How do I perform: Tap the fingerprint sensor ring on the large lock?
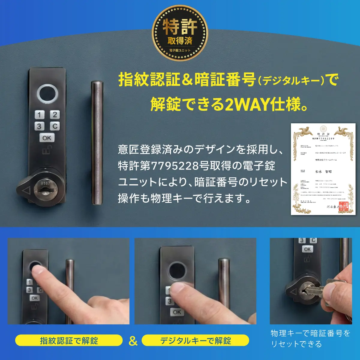click(x=47, y=94)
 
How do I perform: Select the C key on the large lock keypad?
click(x=55, y=126)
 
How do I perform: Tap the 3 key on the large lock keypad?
click(x=39, y=126)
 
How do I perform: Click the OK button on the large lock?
click(x=47, y=138)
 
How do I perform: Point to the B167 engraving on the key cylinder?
click(x=45, y=183)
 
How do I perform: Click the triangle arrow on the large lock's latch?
click(x=26, y=190)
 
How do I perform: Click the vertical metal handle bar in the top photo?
click(x=97, y=142)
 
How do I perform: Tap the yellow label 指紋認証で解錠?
click(x=69, y=340)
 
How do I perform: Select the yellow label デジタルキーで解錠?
click(x=195, y=340)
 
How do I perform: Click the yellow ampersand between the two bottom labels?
click(x=133, y=341)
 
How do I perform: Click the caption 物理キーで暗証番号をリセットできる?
click(x=310, y=338)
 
